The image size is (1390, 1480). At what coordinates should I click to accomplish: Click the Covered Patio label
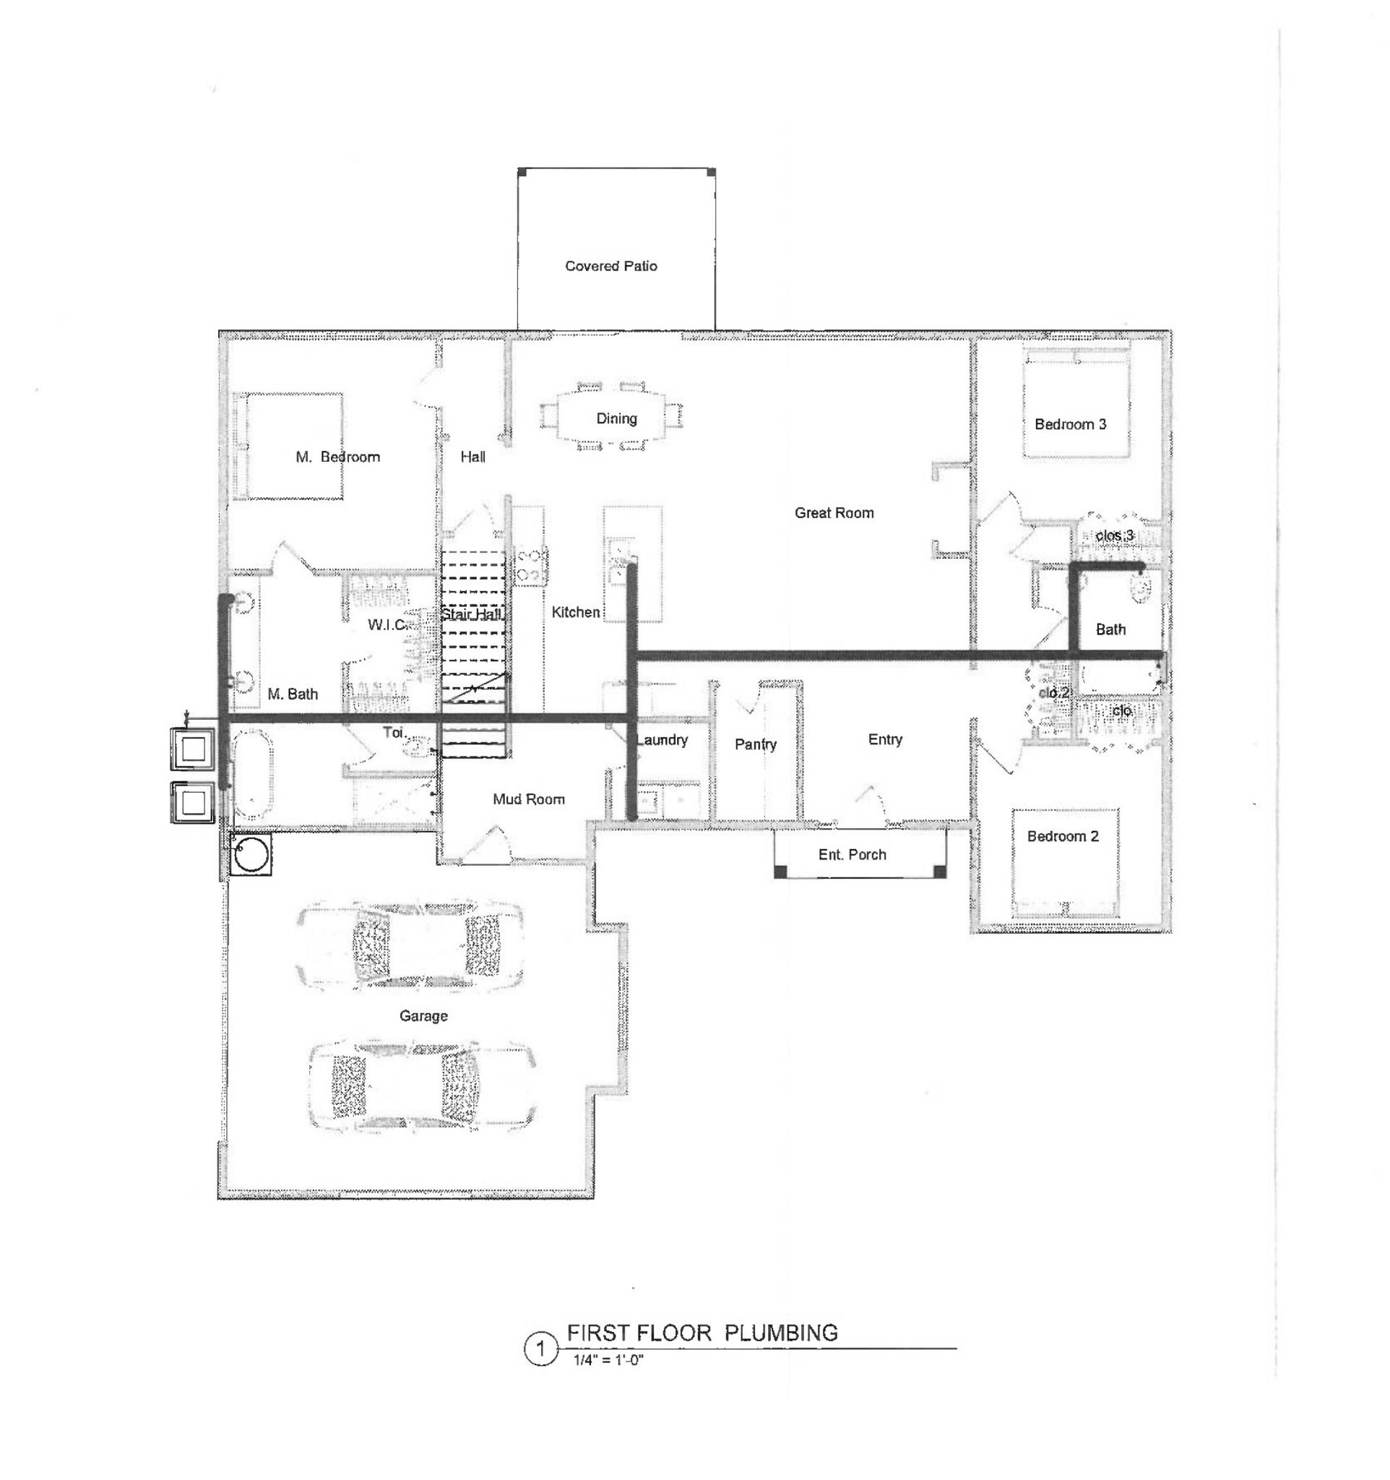tap(611, 266)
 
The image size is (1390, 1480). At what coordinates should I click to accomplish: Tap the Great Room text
tap(834, 513)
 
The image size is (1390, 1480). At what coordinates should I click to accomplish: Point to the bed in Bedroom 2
tap(1065, 864)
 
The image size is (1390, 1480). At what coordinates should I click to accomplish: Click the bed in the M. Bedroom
tap(289, 446)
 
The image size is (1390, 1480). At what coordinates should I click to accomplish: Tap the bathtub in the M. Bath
tap(253, 774)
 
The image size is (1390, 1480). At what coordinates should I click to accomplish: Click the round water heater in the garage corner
tap(251, 854)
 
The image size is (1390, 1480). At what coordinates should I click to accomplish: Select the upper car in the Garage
tap(410, 945)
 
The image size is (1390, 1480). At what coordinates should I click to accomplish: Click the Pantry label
tap(755, 744)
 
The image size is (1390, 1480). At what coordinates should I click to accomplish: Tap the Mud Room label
tap(528, 799)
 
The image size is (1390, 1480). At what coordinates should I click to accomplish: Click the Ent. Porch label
tap(852, 855)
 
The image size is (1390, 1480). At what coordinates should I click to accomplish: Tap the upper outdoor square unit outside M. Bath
tap(194, 748)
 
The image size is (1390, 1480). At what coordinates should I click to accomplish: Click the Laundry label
tap(662, 740)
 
